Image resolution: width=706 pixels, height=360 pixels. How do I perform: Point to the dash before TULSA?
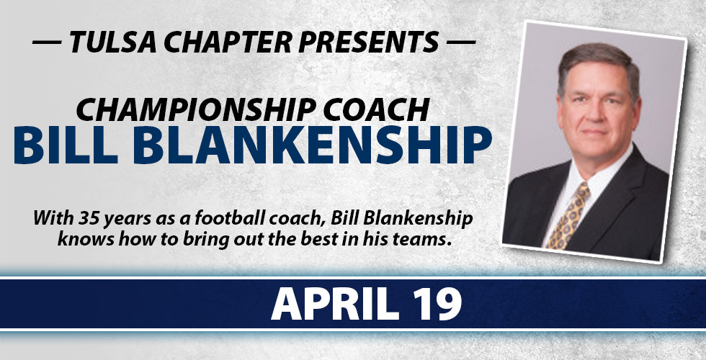coord(47,42)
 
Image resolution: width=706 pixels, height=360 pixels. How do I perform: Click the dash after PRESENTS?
coord(460,42)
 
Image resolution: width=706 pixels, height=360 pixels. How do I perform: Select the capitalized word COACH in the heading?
coord(376,109)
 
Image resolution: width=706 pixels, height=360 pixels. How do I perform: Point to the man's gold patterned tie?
coord(568,215)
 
